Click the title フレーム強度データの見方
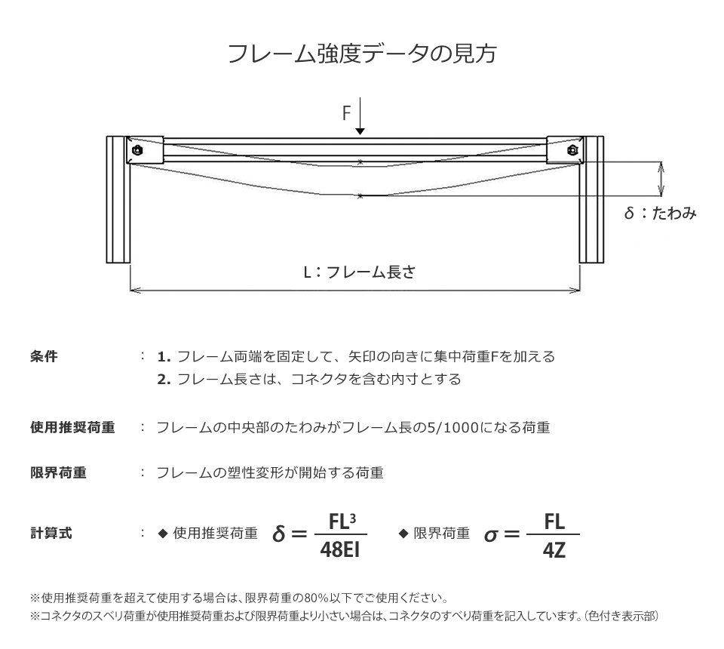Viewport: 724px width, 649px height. point(362,54)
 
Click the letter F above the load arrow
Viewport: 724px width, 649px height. point(346,113)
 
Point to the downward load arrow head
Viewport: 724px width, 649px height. point(360,131)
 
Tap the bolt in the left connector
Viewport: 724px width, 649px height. point(137,150)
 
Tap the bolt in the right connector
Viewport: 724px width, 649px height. point(572,150)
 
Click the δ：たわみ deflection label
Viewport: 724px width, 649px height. point(660,213)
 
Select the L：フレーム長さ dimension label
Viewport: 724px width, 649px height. point(360,272)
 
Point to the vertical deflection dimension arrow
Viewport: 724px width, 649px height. point(661,179)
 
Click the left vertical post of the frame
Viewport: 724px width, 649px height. point(118,199)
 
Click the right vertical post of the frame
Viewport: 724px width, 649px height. point(591,199)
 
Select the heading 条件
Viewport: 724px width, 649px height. point(44,357)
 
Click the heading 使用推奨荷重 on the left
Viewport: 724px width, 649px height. point(72,427)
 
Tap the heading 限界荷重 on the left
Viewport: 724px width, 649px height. point(58,472)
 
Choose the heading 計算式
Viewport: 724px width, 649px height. point(51,533)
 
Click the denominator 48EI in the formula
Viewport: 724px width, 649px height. point(340,549)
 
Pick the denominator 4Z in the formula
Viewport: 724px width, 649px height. point(554,549)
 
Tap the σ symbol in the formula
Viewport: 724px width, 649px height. point(491,535)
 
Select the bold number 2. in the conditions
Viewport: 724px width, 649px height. point(164,380)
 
